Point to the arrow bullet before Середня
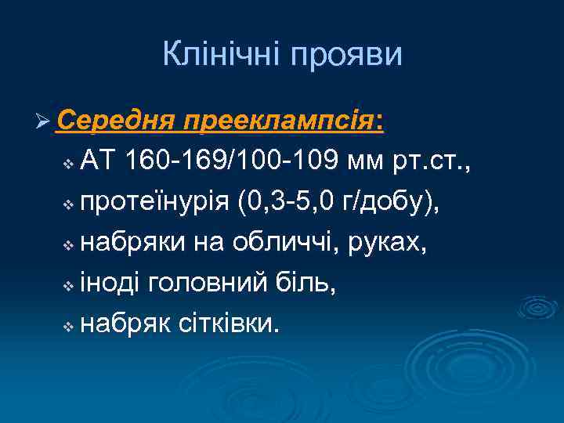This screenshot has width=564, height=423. point(44,123)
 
